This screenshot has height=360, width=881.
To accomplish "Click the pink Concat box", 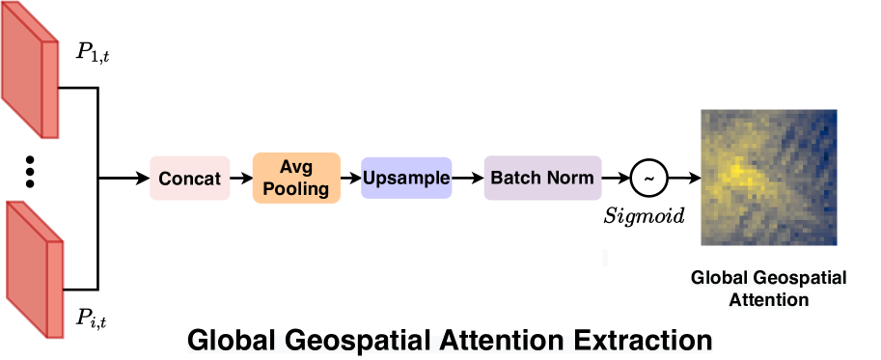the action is point(190,179).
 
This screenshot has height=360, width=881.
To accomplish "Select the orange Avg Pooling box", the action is point(296,178).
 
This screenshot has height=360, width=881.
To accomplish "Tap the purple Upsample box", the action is point(406,179).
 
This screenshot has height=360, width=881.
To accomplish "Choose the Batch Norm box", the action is point(542,179).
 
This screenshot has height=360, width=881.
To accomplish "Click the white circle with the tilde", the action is point(648,179).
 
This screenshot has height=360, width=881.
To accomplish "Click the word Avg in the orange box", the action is point(296,167).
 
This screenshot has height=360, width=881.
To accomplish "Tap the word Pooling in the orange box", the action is point(296,188).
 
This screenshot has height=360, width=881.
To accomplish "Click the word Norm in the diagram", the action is point(570,179).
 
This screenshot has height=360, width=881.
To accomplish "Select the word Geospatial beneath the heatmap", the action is point(796,280).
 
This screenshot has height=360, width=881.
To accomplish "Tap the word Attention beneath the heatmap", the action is point(768,300).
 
